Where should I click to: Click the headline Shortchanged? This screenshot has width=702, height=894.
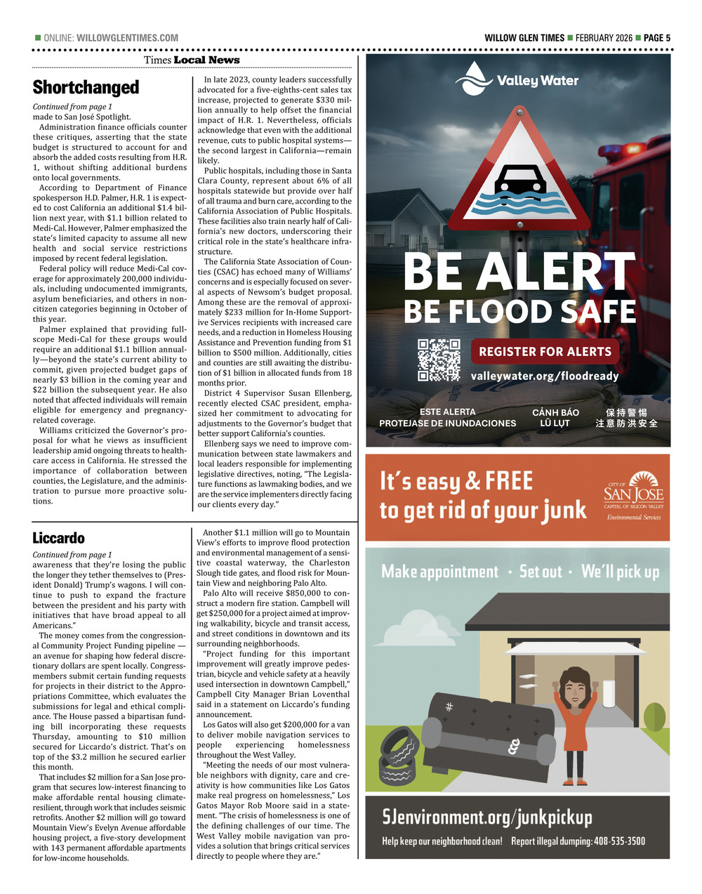tap(86, 87)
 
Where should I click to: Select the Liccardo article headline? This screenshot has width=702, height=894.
tap(58, 538)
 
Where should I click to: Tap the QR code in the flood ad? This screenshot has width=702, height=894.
tap(439, 360)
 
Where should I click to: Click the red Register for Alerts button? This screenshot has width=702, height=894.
tap(545, 351)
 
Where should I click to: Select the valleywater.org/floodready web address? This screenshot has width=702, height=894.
tap(545, 376)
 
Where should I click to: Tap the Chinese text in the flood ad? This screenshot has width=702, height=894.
tap(626, 418)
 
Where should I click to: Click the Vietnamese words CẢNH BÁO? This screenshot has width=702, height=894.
tap(555, 412)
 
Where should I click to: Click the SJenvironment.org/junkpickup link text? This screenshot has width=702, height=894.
tap(487, 817)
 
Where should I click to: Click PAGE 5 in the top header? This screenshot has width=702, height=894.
tap(657, 38)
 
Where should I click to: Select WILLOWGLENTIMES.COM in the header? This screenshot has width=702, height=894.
tap(127, 38)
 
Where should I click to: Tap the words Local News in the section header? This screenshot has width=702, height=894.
tap(206, 60)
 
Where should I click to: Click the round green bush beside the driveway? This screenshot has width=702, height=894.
tap(654, 717)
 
